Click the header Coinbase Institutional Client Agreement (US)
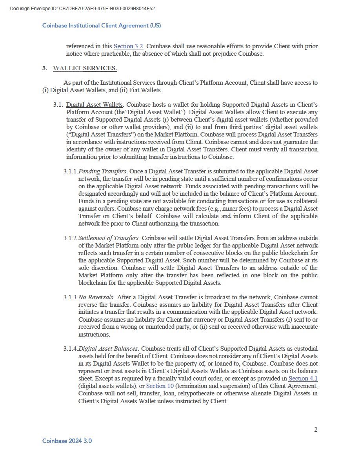(x=102, y=25)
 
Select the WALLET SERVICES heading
(x=85, y=69)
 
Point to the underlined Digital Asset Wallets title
(x=94, y=105)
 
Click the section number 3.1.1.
(x=71, y=171)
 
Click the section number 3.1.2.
(x=71, y=238)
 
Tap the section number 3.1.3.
(x=71, y=297)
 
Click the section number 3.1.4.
(x=71, y=349)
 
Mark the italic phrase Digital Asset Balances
(x=108, y=349)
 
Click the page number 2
(x=316, y=430)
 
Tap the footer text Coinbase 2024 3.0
(x=67, y=441)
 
